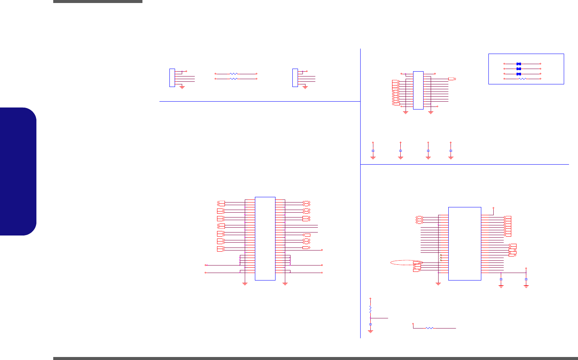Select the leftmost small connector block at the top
pyautogui.click(x=172, y=78)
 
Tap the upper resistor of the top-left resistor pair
pyautogui.click(x=234, y=74)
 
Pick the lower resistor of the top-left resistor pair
pyautogui.click(x=234, y=79)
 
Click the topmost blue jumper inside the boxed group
pyautogui.click(x=519, y=64)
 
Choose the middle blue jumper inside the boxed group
pyautogui.click(x=519, y=69)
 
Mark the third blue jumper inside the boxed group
pyautogui.click(x=519, y=74)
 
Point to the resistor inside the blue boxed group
pyautogui.click(x=522, y=79)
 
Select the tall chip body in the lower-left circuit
pyautogui.click(x=265, y=238)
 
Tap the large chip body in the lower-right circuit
pyautogui.click(x=464, y=243)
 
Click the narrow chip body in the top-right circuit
pyautogui.click(x=418, y=90)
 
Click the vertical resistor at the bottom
pyautogui.click(x=370, y=309)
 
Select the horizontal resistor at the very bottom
pyautogui.click(x=430, y=328)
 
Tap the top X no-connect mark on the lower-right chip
pyautogui.click(x=441, y=255)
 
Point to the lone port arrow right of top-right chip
pyautogui.click(x=452, y=79)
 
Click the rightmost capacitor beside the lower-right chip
pyautogui.click(x=526, y=279)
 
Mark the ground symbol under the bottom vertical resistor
pyautogui.click(x=370, y=331)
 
